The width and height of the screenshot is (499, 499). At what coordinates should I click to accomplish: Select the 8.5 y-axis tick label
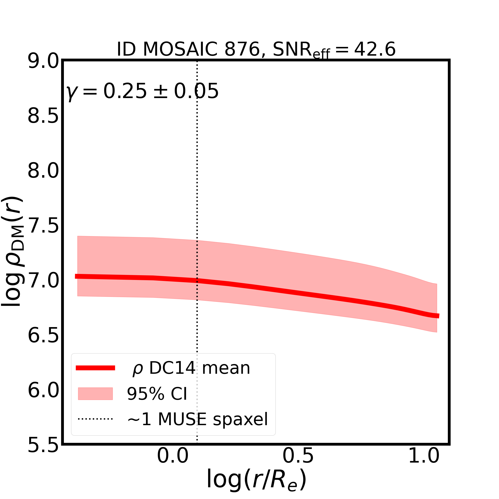(x=43, y=116)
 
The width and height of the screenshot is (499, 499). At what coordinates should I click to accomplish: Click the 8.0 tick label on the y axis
(x=43, y=171)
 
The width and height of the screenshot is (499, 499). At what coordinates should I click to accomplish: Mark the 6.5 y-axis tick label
(x=43, y=336)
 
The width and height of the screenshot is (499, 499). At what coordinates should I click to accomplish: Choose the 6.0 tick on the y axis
(x=43, y=390)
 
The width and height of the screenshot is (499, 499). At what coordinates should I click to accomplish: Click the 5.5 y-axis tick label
(x=43, y=445)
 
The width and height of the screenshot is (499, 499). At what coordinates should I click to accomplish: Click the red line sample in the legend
(x=95, y=368)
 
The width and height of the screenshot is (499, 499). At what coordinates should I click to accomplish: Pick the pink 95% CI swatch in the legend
(x=95, y=394)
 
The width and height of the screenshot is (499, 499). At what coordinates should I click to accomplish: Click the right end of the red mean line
(x=438, y=316)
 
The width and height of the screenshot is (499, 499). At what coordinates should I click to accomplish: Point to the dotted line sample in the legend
(x=95, y=419)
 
